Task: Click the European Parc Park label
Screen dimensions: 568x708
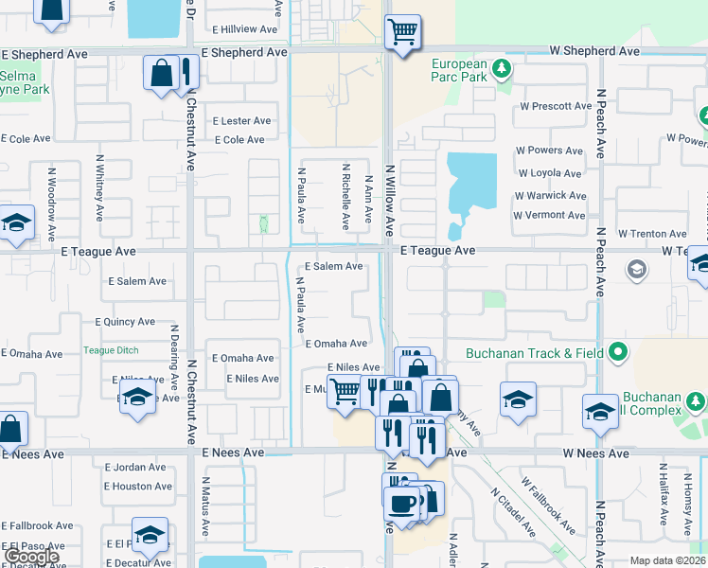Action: (x=459, y=71)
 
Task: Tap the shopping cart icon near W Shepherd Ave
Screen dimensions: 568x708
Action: (x=403, y=32)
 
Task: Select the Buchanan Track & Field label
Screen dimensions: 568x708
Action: (x=535, y=353)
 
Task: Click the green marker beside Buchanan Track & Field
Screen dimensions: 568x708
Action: (x=618, y=353)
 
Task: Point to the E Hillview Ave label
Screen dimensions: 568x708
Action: (x=244, y=29)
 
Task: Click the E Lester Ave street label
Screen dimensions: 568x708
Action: (x=241, y=121)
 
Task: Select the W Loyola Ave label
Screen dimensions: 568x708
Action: (x=549, y=173)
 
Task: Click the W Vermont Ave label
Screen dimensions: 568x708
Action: (x=549, y=215)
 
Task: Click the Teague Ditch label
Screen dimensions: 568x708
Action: (x=111, y=350)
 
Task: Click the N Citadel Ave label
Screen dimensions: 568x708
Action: (x=513, y=512)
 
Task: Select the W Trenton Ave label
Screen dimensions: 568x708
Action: (x=652, y=234)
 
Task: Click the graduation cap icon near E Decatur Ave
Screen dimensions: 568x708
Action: (x=150, y=536)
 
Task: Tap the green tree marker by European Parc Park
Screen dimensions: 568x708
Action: (x=503, y=67)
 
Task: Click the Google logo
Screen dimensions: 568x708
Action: (x=32, y=557)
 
